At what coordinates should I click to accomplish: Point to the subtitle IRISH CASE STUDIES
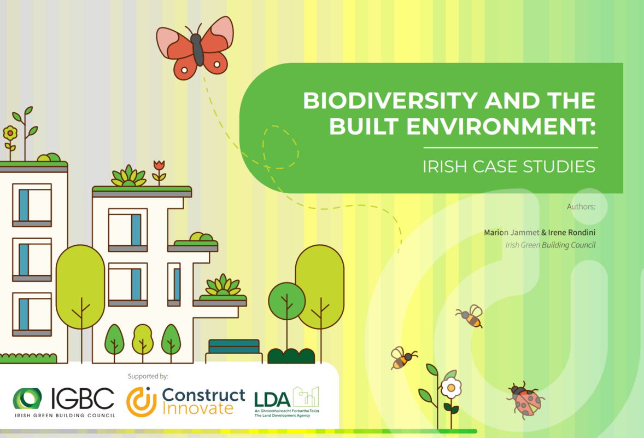pyautogui.click(x=509, y=166)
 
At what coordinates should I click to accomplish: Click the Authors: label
pyautogui.click(x=581, y=206)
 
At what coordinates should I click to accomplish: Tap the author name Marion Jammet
pyautogui.click(x=512, y=233)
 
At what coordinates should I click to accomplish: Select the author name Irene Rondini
pyautogui.click(x=572, y=233)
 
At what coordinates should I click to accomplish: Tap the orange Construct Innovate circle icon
pyautogui.click(x=142, y=401)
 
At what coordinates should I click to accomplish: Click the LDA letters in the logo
pyautogui.click(x=272, y=399)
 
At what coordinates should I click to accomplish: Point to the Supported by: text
pyautogui.click(x=148, y=376)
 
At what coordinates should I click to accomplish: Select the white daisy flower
pyautogui.click(x=451, y=387)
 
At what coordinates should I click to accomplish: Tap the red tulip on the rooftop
pyautogui.click(x=159, y=166)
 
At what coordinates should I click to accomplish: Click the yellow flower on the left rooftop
pyautogui.click(x=10, y=133)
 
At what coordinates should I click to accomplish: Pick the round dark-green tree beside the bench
pyautogui.click(x=286, y=301)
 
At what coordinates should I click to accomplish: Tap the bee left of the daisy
pyautogui.click(x=403, y=358)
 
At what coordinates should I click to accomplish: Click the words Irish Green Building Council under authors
pyautogui.click(x=551, y=245)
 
